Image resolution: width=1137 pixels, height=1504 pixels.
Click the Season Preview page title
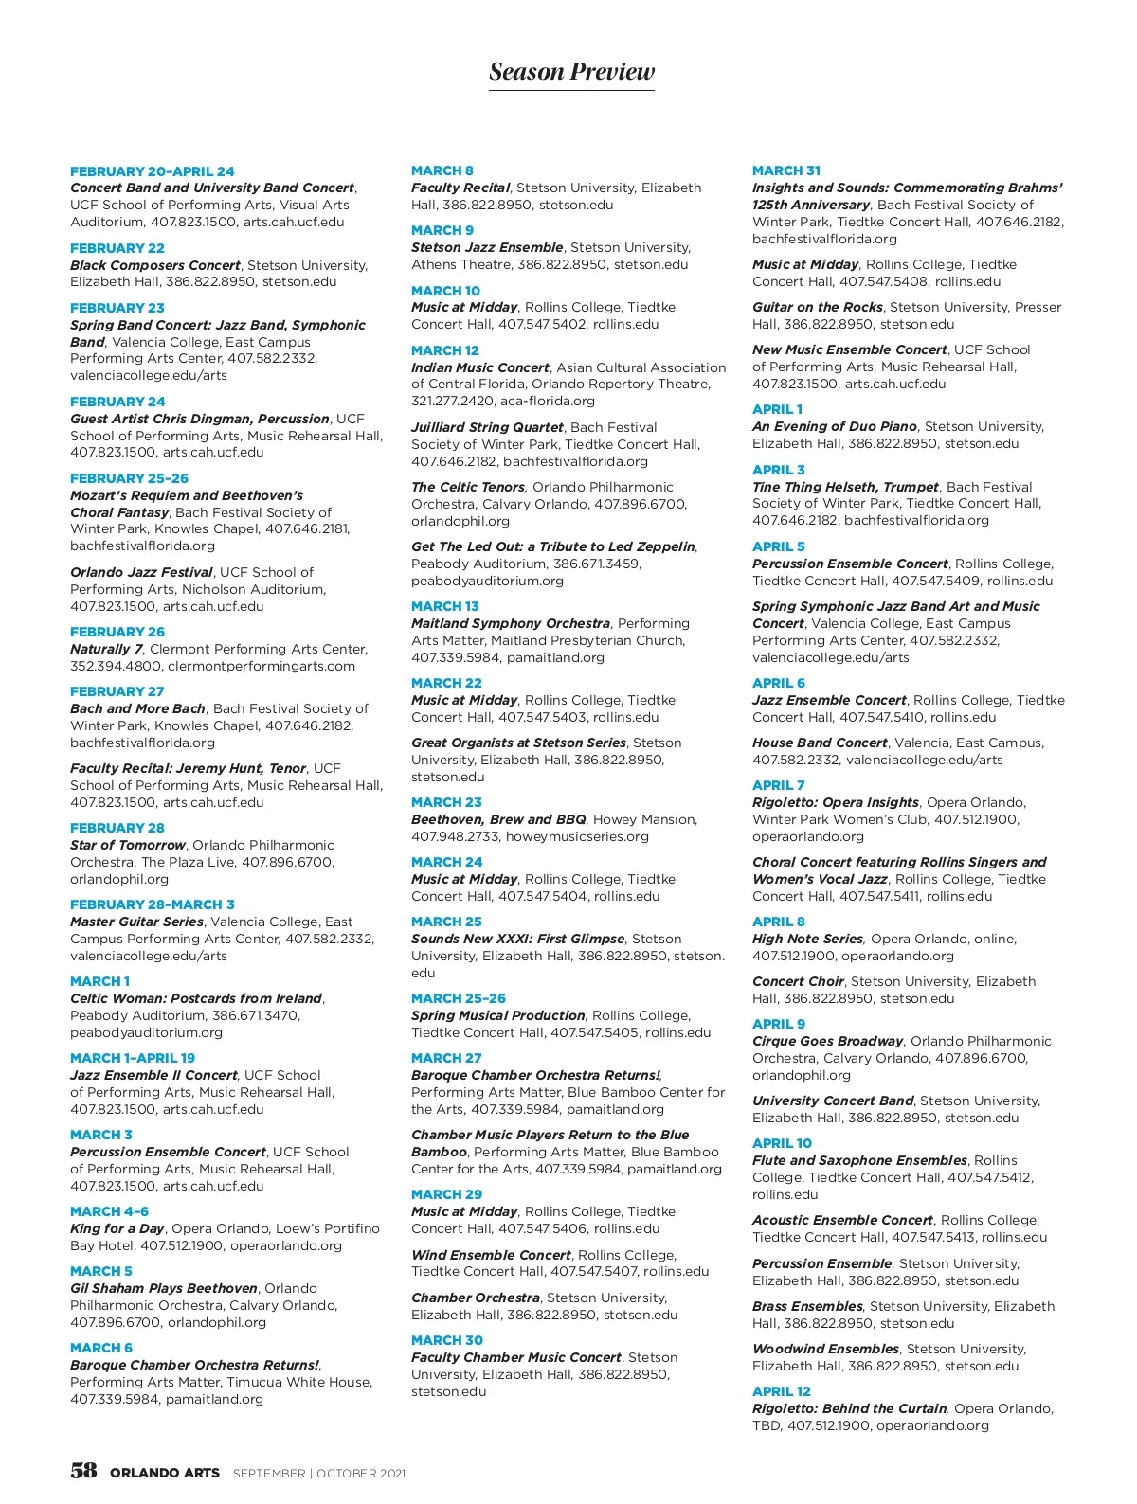pyautogui.click(x=571, y=72)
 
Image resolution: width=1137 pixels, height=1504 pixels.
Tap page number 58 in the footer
pyautogui.click(x=83, y=1471)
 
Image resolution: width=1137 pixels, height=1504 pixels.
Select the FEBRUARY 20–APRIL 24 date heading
pyautogui.click(x=153, y=171)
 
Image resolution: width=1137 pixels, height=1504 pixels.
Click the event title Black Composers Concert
pyautogui.click(x=155, y=265)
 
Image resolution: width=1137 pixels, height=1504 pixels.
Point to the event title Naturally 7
pyautogui.click(x=106, y=649)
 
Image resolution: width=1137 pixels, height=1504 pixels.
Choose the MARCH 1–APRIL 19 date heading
pyautogui.click(x=133, y=1058)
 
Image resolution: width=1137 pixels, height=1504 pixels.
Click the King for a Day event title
pyautogui.click(x=117, y=1228)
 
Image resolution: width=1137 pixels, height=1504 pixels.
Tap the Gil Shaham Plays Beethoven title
pyautogui.click(x=164, y=1288)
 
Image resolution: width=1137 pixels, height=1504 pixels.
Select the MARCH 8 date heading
pyautogui.click(x=442, y=170)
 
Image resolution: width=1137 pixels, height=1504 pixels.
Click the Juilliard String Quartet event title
pyautogui.click(x=487, y=427)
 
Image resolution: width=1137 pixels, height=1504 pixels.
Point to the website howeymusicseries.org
pyautogui.click(x=577, y=836)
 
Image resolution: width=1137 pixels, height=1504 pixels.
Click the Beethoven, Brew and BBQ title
pyautogui.click(x=498, y=819)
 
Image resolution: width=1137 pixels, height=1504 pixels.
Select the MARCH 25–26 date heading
pyautogui.click(x=459, y=998)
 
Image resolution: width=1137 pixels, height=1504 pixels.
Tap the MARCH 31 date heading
pyautogui.click(x=786, y=170)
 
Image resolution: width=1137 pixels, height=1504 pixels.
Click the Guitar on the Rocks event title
pyautogui.click(x=817, y=307)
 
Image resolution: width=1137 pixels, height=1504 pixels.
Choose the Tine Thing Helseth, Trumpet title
pyautogui.click(x=845, y=487)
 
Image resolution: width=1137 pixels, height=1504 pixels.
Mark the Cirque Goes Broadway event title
pyautogui.click(x=827, y=1041)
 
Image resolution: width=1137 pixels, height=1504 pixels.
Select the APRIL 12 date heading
pyautogui.click(x=782, y=1391)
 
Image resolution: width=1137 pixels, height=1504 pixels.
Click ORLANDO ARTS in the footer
pyautogui.click(x=165, y=1473)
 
